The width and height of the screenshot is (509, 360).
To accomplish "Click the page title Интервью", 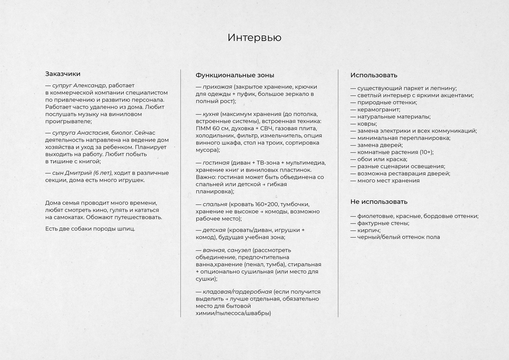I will click(254, 38).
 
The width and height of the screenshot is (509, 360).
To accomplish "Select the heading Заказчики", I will click(63, 74).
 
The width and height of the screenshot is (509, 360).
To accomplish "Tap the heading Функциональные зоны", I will click(235, 75).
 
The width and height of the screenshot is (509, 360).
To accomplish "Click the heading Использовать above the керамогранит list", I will click(373, 75).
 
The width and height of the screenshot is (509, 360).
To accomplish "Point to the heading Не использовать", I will click(379, 202).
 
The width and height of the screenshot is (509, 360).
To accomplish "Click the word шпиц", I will click(126, 229).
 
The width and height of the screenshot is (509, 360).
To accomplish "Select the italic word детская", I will click(214, 230).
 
